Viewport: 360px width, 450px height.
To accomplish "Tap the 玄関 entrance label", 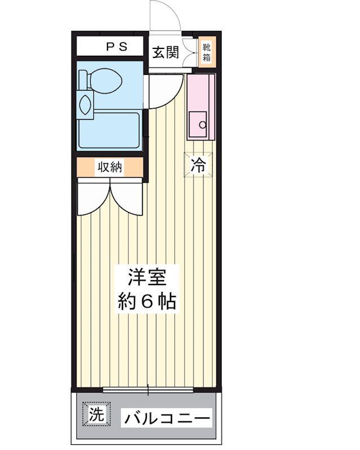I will point(165,53).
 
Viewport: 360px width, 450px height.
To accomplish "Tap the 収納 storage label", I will point(110,167).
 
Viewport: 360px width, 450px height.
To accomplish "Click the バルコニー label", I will point(167,418).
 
